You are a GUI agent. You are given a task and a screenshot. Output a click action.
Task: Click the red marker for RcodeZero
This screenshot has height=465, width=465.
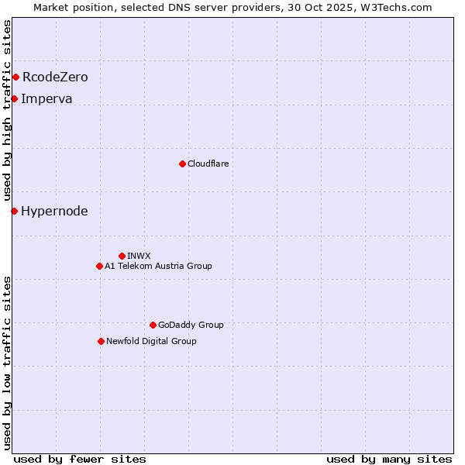pyautogui.click(x=15, y=77)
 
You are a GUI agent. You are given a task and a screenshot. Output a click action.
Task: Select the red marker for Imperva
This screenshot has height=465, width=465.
pyautogui.click(x=14, y=98)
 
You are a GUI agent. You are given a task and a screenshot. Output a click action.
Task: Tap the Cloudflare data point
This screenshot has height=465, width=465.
pyautogui.click(x=182, y=164)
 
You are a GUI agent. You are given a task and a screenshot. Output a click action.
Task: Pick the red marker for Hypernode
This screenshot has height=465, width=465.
pyautogui.click(x=14, y=211)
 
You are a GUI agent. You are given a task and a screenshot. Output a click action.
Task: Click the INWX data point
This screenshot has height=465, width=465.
pyautogui.click(x=122, y=256)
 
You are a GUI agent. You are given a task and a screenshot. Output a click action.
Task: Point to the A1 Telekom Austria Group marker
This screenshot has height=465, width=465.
pyautogui.click(x=99, y=266)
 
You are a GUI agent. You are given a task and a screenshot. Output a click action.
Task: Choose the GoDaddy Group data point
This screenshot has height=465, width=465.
pyautogui.click(x=153, y=325)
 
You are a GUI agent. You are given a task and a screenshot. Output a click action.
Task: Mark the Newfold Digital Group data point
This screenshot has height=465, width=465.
pyautogui.click(x=101, y=341)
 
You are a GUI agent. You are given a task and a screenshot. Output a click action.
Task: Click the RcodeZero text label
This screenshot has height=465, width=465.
pyautogui.click(x=55, y=77)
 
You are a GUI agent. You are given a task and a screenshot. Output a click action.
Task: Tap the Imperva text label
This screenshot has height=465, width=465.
pyautogui.click(x=46, y=98)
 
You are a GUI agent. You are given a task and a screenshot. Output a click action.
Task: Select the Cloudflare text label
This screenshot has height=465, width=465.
pyautogui.click(x=208, y=164)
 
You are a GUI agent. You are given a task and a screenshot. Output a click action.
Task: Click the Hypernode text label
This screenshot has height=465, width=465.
pyautogui.click(x=54, y=211)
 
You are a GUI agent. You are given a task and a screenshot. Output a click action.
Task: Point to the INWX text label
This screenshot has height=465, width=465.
pyautogui.click(x=139, y=256)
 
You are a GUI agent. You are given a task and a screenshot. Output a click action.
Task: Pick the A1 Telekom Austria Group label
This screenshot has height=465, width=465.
pyautogui.click(x=158, y=266)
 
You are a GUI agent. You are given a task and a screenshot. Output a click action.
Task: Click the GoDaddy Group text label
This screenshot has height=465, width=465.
pyautogui.click(x=191, y=325)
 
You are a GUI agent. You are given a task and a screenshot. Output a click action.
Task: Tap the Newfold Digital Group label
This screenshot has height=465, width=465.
pyautogui.click(x=151, y=341)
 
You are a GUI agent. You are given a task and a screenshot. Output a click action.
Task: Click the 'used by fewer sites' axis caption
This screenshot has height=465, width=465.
pyautogui.click(x=80, y=459)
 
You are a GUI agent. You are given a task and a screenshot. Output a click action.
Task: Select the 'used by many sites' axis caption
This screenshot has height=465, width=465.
pyautogui.click(x=389, y=459)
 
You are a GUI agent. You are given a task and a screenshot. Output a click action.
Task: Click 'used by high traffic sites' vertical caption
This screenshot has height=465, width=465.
pyautogui.click(x=7, y=110)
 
